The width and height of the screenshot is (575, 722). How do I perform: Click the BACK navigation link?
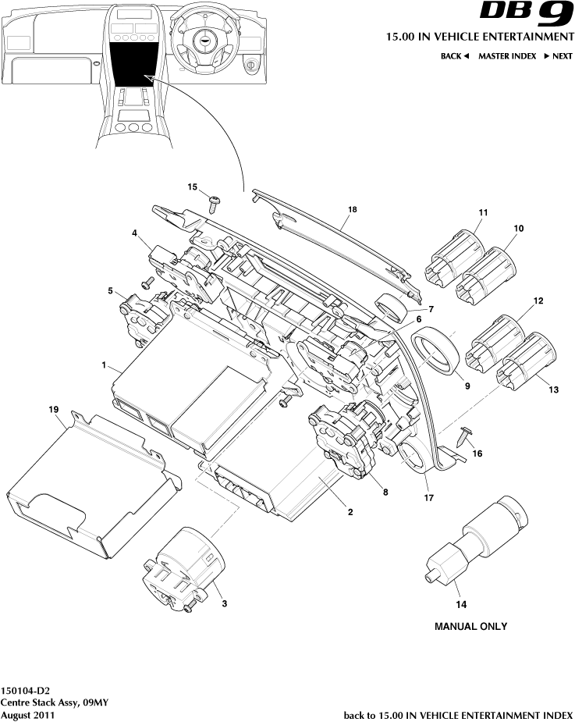pos(454,56)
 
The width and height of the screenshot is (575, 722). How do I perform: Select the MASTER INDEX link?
pos(506,56)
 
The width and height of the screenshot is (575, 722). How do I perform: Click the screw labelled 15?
pos(215,205)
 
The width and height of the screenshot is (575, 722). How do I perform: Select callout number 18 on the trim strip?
pos(352,210)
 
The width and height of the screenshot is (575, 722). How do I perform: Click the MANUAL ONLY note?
pos(470,626)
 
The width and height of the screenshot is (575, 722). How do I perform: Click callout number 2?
pos(350,512)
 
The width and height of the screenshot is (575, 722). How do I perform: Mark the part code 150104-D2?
pos(26,691)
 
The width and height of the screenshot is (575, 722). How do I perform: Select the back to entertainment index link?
pos(458,714)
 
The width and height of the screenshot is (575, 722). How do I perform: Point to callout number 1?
pos(104,365)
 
